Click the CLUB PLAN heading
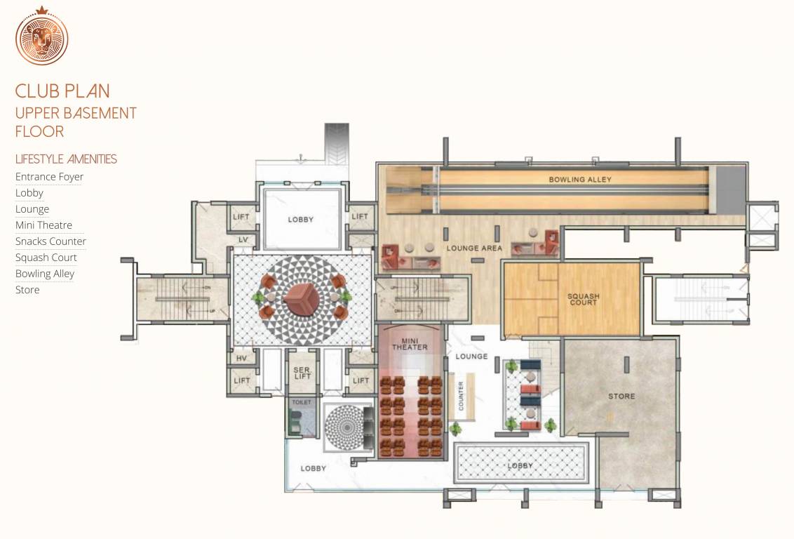click(62, 91)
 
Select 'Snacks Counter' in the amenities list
click(51, 241)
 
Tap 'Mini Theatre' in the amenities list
click(43, 225)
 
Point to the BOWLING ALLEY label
click(580, 180)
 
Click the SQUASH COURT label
click(584, 299)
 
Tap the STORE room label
click(621, 397)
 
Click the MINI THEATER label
click(410, 344)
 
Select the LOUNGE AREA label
click(473, 248)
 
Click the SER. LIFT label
click(302, 373)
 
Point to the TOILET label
click(301, 403)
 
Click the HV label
click(242, 359)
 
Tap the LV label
click(243, 240)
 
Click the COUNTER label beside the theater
click(462, 396)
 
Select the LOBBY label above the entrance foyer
click(300, 220)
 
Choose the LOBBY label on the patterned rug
click(520, 466)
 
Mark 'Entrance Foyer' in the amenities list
click(49, 177)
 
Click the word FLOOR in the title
click(39, 131)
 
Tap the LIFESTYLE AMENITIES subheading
click(66, 159)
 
